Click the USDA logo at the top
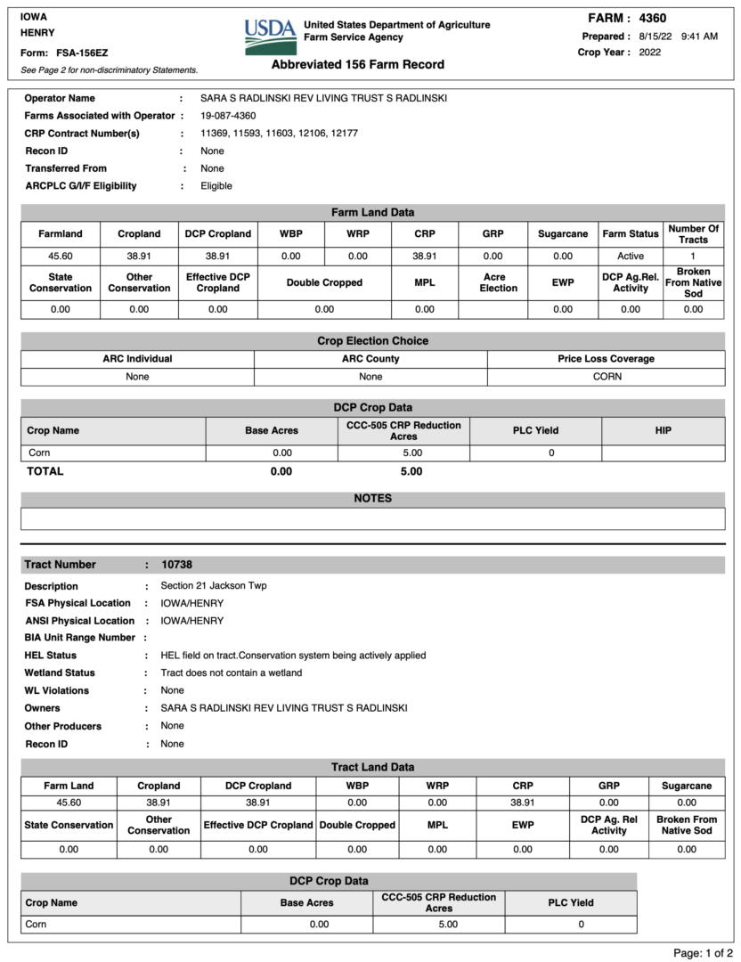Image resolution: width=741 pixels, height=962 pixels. (x=270, y=37)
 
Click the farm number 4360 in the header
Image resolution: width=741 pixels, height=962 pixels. (x=652, y=18)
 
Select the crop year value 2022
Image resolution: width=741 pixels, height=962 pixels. (x=650, y=52)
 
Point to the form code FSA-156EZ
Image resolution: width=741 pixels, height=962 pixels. (x=82, y=53)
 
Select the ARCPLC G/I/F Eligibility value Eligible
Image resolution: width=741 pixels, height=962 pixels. (x=216, y=186)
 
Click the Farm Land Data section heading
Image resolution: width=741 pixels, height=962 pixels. (x=372, y=212)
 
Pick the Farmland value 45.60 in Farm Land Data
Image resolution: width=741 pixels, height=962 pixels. (x=61, y=256)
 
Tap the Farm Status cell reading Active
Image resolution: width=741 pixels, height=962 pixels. (x=631, y=256)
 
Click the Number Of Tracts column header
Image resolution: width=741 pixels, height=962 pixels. (x=693, y=234)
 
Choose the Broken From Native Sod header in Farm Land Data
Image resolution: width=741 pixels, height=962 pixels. (x=693, y=282)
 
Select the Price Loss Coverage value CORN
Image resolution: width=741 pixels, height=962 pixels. (x=606, y=377)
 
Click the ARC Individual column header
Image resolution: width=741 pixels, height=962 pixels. (x=137, y=359)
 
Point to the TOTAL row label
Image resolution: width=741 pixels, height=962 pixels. (x=45, y=471)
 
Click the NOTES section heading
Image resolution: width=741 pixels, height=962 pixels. (x=372, y=498)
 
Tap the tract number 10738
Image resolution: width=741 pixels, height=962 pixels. (x=176, y=565)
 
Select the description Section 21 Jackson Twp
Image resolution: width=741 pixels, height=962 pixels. (x=213, y=585)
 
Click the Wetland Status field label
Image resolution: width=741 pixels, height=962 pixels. (x=60, y=673)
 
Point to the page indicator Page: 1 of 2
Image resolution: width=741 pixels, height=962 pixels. (x=703, y=953)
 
